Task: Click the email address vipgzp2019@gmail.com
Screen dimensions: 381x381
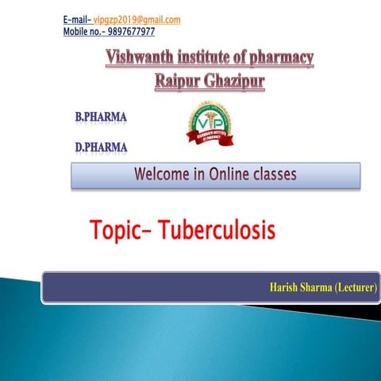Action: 137,19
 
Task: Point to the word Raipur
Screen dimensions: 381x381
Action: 180,80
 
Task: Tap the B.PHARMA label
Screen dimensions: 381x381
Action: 101,117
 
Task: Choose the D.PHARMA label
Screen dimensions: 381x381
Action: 101,147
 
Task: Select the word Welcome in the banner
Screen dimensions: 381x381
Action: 164,175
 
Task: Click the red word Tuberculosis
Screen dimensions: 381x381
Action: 216,230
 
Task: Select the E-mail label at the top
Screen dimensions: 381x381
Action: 76,19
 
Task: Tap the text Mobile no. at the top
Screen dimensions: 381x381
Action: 83,32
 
